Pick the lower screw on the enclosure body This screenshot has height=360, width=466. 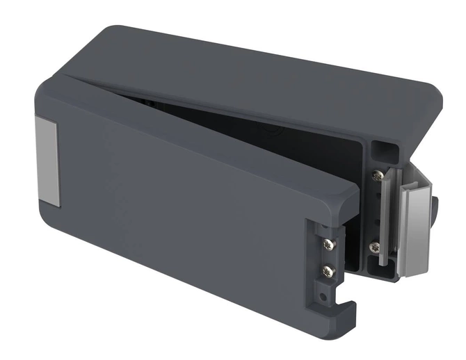375,247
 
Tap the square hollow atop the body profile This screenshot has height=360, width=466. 380,151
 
